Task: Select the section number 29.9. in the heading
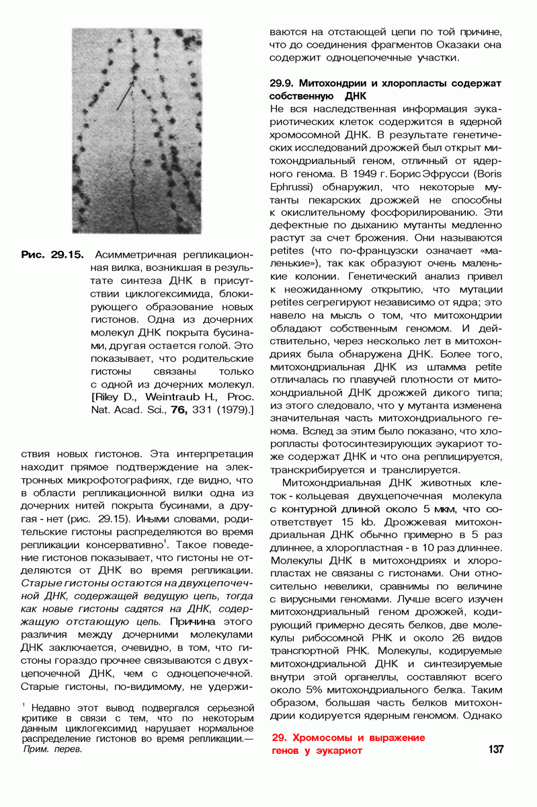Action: point(282,84)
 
